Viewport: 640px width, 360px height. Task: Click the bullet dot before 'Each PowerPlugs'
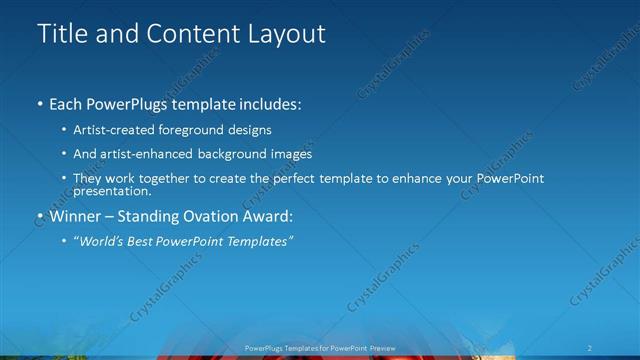[x=40, y=104]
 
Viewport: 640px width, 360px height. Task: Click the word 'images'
[x=292, y=154]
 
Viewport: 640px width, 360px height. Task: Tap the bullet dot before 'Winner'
[x=40, y=215]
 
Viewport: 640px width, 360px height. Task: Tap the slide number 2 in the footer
[x=592, y=347]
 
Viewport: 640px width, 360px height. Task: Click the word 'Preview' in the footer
[x=379, y=347]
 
